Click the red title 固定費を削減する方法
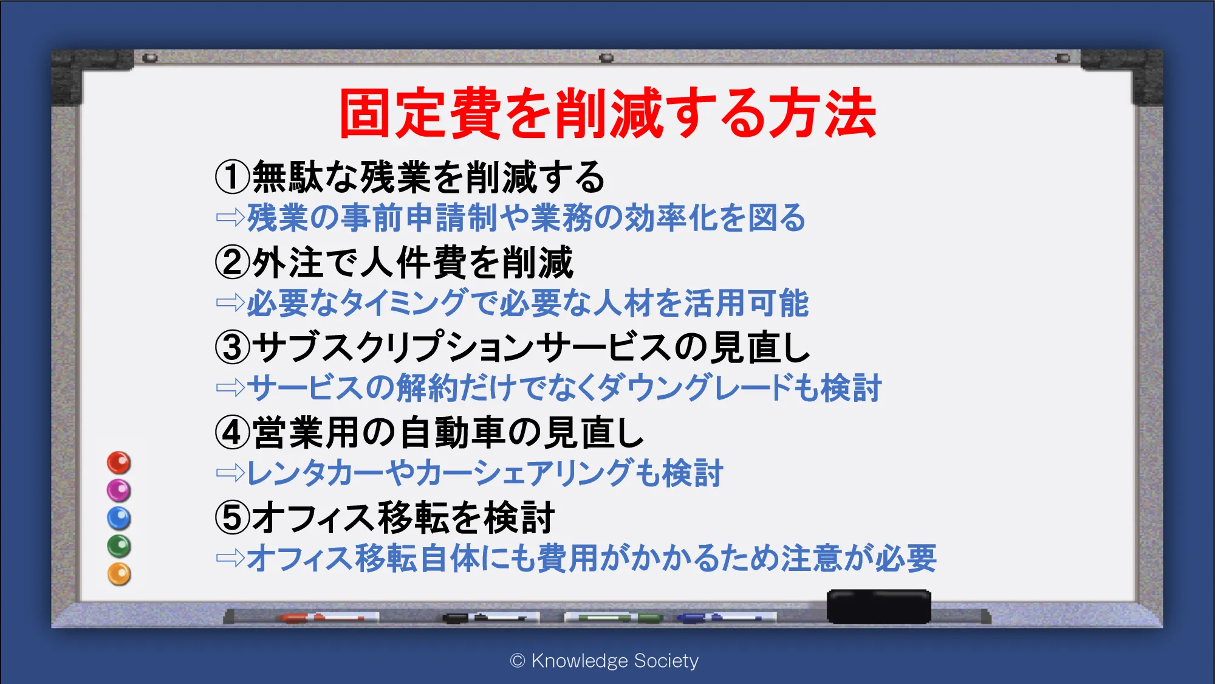click(607, 114)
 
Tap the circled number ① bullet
click(233, 177)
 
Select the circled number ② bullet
click(233, 262)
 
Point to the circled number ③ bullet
click(233, 347)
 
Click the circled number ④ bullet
click(233, 432)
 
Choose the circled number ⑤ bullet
click(233, 517)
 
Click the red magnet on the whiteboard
click(119, 463)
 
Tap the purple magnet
click(119, 491)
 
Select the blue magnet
click(119, 519)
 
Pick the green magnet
click(119, 546)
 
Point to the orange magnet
click(119, 574)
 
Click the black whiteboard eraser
click(879, 606)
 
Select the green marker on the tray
click(614, 618)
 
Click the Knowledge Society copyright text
click(604, 661)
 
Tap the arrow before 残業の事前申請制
click(230, 217)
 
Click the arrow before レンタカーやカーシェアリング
click(230, 472)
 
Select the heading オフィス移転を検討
click(403, 517)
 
